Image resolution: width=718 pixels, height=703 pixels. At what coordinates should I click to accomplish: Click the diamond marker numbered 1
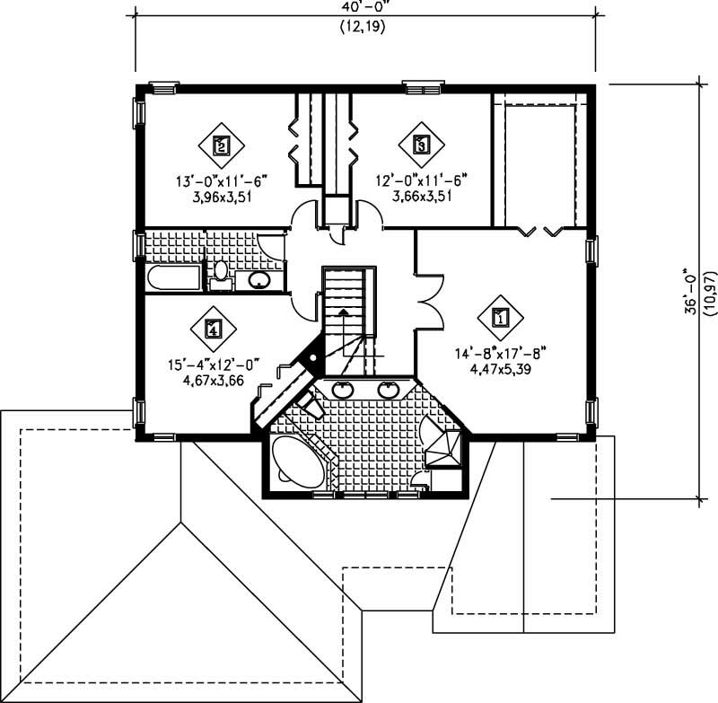(x=500, y=317)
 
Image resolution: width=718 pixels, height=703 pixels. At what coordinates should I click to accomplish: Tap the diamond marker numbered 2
(x=221, y=145)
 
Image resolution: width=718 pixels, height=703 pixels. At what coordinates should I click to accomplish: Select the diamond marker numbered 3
(x=421, y=145)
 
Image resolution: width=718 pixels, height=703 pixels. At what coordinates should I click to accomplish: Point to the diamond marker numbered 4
(x=214, y=329)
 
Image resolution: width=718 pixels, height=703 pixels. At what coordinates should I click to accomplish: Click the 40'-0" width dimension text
(x=363, y=6)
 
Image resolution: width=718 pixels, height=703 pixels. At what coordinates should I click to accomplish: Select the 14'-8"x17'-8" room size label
(x=501, y=354)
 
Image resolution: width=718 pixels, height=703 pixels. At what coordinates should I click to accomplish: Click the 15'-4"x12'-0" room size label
(x=214, y=365)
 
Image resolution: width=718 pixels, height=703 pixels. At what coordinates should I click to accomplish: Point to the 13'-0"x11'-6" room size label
(x=222, y=182)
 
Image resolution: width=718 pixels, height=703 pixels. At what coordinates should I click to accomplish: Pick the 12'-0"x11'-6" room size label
(x=421, y=180)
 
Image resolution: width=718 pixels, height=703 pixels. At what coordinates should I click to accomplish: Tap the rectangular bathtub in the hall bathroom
(x=174, y=277)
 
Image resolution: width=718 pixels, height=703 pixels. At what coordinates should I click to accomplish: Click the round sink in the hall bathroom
(x=259, y=280)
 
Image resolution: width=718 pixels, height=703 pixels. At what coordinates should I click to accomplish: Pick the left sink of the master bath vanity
(x=343, y=390)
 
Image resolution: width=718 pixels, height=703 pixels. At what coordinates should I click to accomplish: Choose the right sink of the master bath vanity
(x=389, y=390)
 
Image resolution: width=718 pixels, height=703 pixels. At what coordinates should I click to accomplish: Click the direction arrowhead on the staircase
(x=343, y=312)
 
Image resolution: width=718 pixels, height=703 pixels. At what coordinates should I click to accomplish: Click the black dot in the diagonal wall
(x=313, y=358)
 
